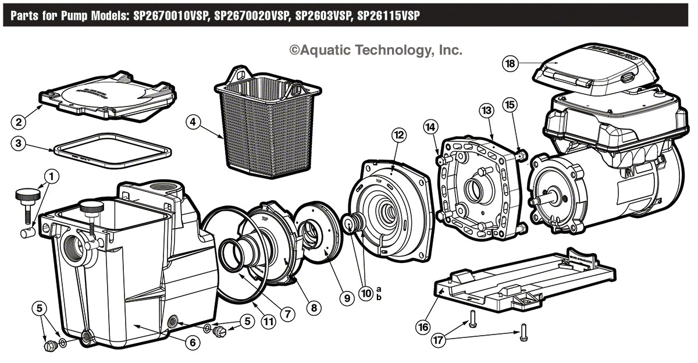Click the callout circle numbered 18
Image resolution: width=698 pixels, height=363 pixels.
[510, 63]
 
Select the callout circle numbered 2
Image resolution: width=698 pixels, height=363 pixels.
[19, 122]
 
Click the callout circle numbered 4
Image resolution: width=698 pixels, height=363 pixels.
[194, 122]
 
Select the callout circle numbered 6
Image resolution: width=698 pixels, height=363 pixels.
[190, 343]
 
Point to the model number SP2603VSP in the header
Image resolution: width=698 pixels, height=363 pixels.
[322, 16]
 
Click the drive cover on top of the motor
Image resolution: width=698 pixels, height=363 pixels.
[587, 64]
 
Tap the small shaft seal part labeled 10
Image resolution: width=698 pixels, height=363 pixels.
[351, 223]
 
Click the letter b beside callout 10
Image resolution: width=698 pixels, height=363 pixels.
[379, 297]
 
